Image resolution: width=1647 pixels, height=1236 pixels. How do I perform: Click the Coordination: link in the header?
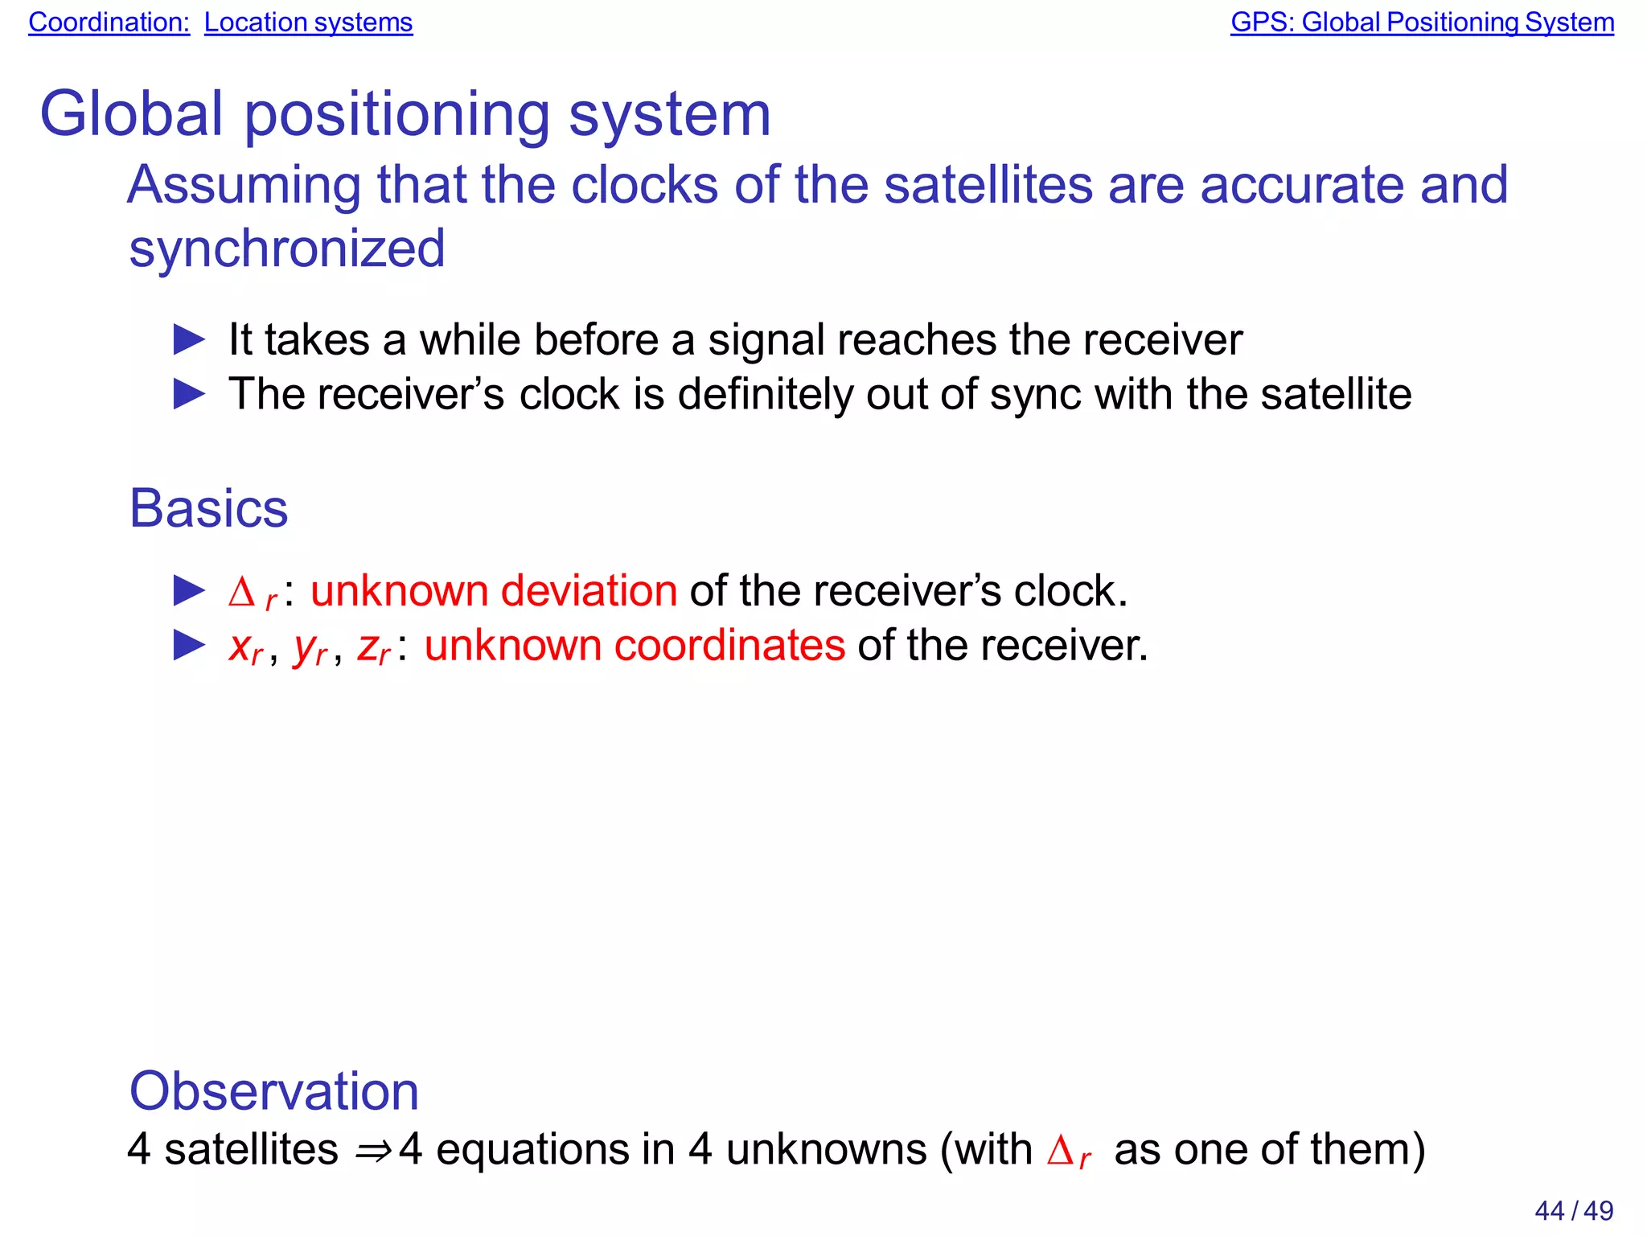coord(109,23)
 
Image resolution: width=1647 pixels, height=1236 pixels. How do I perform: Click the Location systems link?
coord(308,23)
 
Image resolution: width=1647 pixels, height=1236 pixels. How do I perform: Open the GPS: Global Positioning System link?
coord(1422,23)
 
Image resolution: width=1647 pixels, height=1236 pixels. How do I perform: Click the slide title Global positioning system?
coord(405,114)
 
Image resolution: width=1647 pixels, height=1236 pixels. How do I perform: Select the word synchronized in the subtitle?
coord(287,248)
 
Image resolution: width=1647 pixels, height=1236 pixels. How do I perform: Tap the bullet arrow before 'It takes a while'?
coord(190,340)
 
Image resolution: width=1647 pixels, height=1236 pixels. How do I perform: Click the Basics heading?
coord(208,508)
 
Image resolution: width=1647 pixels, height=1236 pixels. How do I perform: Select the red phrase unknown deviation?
coord(494,591)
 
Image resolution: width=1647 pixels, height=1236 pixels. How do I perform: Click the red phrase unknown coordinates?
coord(635,646)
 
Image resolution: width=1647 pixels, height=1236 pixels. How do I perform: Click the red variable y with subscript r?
coord(310,648)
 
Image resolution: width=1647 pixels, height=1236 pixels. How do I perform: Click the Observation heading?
coord(274,1091)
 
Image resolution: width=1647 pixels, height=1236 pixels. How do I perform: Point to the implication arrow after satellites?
coord(373,1151)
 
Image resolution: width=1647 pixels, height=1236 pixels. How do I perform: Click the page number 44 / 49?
coord(1573,1210)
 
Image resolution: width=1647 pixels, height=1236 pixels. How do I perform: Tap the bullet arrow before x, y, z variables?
coord(190,646)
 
